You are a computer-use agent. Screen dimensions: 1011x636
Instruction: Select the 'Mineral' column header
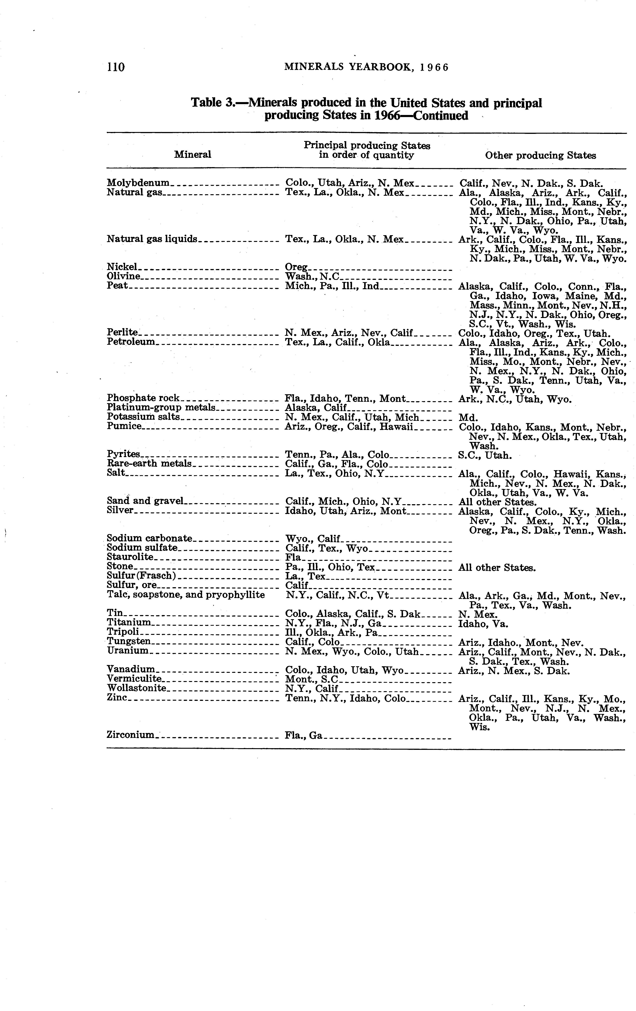[193, 154]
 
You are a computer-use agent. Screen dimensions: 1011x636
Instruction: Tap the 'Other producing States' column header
[540, 155]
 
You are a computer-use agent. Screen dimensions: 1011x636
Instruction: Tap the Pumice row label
[124, 426]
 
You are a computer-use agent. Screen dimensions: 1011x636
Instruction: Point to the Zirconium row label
[130, 735]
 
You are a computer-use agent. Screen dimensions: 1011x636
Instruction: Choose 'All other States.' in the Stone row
[497, 568]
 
